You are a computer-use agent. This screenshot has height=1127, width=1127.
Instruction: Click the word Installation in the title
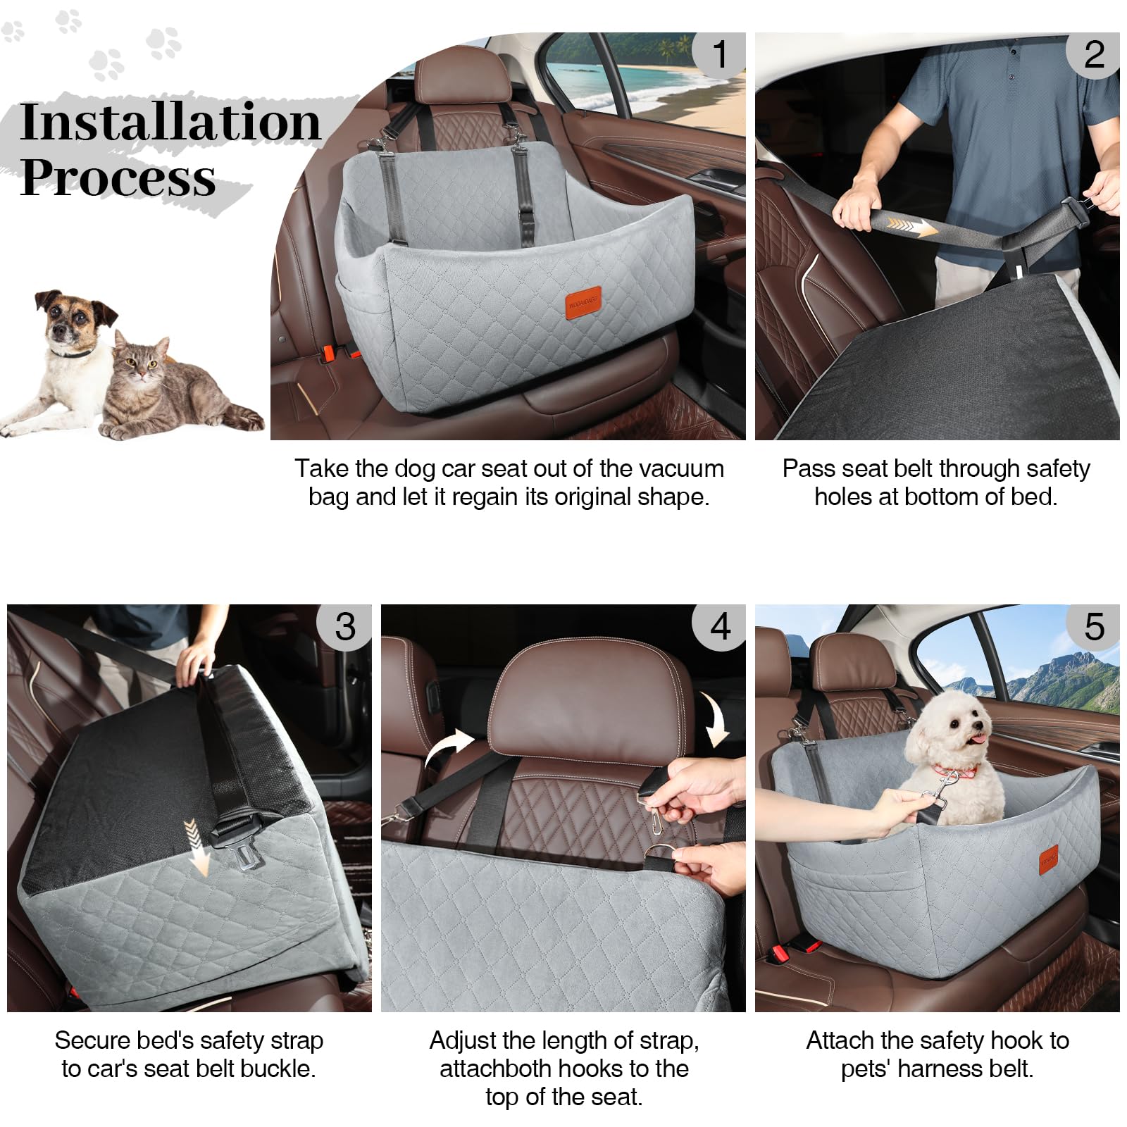coord(170,123)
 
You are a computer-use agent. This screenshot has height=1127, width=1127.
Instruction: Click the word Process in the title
coord(118,178)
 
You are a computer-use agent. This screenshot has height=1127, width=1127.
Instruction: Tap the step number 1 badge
coord(719,54)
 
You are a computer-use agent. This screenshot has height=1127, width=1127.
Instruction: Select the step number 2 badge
coord(1093,54)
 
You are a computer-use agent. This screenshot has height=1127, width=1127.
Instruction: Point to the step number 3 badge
coord(345,626)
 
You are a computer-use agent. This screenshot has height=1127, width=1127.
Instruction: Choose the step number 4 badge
coord(719,626)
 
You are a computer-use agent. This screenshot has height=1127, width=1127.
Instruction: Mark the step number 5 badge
coord(1093,626)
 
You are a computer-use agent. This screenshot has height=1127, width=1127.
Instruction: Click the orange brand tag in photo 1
coord(583,304)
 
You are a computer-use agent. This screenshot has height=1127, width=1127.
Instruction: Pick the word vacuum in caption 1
coord(688,468)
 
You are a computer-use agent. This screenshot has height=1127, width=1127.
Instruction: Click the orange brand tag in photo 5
coord(1049,860)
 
